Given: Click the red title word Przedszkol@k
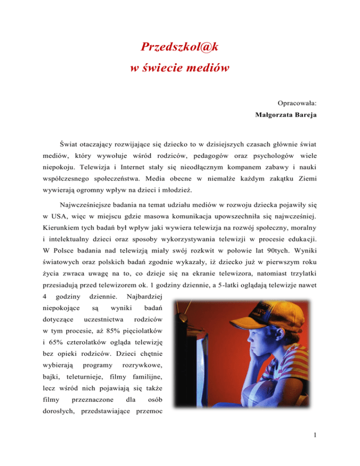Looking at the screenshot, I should (x=180, y=47).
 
